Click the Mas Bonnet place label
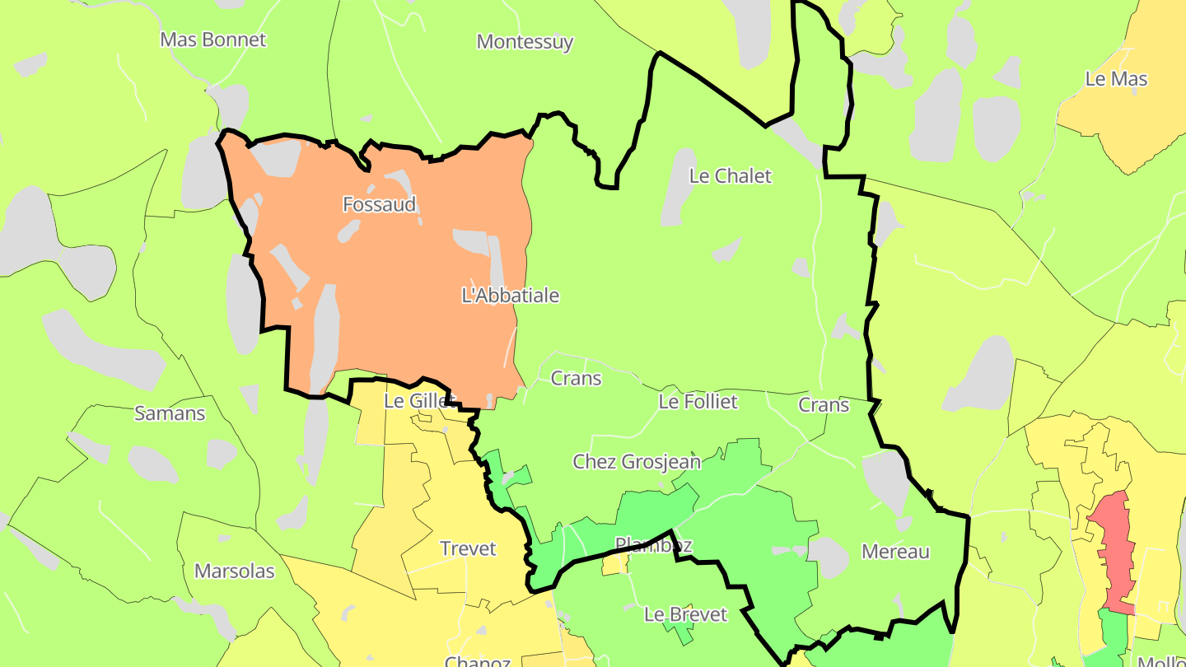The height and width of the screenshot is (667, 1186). (213, 40)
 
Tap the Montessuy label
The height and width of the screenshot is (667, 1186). (525, 42)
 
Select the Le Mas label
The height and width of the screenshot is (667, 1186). (1116, 79)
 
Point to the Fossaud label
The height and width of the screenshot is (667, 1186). (380, 204)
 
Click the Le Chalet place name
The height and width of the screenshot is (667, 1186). (730, 175)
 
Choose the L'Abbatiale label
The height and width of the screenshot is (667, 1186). (511, 296)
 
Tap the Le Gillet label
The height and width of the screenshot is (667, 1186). (419, 401)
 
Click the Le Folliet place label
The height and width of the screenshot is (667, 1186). (698, 402)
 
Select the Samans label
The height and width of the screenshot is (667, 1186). (170, 413)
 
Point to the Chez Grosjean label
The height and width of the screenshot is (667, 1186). (637, 461)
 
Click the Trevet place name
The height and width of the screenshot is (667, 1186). (468, 548)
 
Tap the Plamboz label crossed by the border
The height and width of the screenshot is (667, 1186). (653, 545)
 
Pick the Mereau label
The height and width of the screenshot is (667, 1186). (895, 552)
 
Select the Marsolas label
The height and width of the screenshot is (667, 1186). (234, 571)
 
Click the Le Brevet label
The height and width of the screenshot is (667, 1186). (685, 614)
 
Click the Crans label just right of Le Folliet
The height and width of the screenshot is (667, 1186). (824, 405)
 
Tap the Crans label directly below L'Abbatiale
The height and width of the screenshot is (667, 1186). (576, 379)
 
